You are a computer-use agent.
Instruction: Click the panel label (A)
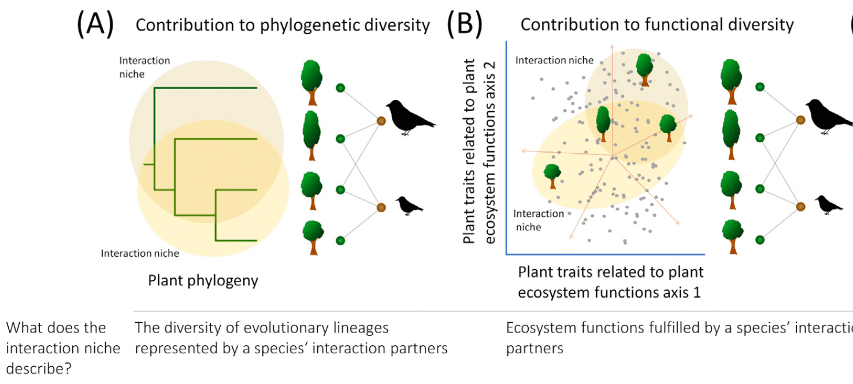[x=95, y=25]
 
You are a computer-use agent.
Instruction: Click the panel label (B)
[x=464, y=25]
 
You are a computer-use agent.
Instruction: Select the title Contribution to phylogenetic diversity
[x=283, y=25]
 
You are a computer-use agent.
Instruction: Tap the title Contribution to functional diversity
[x=657, y=24]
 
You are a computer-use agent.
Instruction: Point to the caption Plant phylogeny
[x=203, y=280]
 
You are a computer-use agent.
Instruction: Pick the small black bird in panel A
[x=410, y=205]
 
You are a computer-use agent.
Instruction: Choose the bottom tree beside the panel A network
[x=313, y=238]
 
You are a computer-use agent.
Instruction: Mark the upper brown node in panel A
[x=381, y=121]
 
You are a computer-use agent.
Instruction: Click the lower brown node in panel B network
[x=800, y=206]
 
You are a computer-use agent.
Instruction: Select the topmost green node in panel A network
[x=340, y=88]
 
